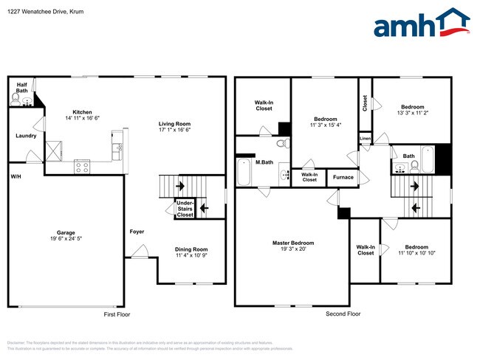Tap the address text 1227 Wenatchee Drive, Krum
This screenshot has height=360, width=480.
point(41,10)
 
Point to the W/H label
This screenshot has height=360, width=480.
point(16,177)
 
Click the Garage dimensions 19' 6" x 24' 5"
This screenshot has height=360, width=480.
point(63,239)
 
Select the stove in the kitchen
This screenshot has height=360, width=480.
point(82,167)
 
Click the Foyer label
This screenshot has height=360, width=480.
point(137,232)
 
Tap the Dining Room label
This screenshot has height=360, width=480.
point(191,249)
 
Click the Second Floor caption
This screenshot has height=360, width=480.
point(343,314)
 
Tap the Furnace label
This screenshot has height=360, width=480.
point(343,177)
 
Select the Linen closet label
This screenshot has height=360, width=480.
point(365,138)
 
